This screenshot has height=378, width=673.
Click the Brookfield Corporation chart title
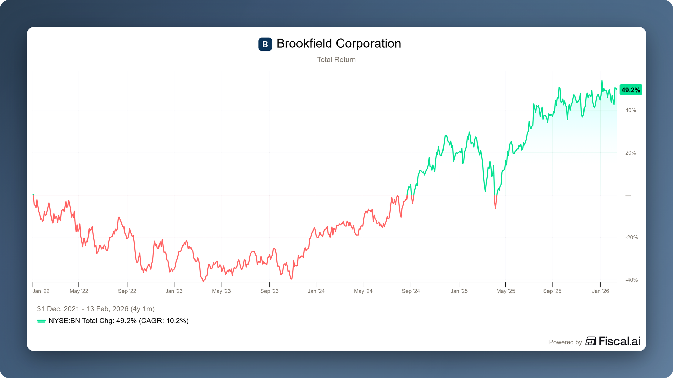click(339, 44)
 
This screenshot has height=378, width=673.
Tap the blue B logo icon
click(265, 44)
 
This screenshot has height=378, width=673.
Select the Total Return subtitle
click(336, 60)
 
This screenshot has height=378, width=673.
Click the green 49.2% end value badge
click(631, 90)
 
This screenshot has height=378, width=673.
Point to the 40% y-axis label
click(630, 110)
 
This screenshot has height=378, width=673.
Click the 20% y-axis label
click(630, 153)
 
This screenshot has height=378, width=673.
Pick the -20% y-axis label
click(631, 238)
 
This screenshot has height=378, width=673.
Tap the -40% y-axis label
click(631, 280)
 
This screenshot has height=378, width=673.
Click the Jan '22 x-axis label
click(41, 291)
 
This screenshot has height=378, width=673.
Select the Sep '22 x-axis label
click(127, 291)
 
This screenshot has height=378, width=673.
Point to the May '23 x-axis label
click(221, 291)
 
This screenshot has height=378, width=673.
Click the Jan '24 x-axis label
click(316, 291)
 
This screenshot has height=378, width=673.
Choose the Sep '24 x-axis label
click(411, 291)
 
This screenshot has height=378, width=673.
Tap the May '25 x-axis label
click(505, 291)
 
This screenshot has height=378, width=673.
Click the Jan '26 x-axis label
click(600, 291)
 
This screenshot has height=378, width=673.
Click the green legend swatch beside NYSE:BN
click(41, 321)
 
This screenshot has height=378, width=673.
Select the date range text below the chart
click(96, 309)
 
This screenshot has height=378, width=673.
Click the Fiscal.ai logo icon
click(591, 341)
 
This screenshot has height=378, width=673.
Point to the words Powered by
click(565, 342)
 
